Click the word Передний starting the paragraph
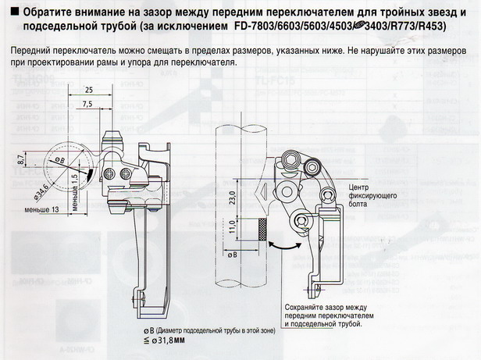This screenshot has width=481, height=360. (34, 50)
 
